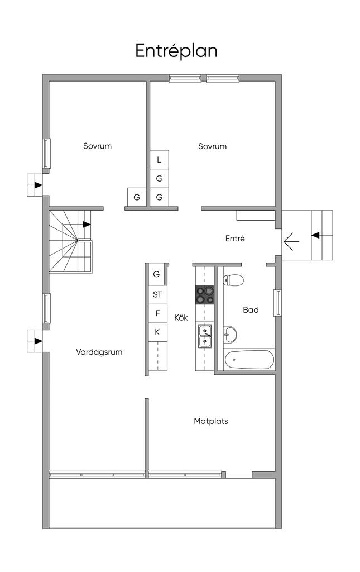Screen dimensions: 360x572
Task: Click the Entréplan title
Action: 176,51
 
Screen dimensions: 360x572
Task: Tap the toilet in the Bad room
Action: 233,280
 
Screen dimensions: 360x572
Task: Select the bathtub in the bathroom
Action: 249,360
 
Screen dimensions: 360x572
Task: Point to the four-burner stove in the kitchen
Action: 205,295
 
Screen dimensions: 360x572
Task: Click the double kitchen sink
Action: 205,335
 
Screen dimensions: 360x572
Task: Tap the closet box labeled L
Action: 159,159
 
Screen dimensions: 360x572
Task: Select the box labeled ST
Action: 158,294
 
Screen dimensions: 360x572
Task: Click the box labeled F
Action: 158,313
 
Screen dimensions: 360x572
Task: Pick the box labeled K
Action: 158,332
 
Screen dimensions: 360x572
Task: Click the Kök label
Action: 181,317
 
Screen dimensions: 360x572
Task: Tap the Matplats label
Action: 211,421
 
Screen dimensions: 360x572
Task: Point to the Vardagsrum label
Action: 99,352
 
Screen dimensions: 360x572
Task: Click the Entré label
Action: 235,239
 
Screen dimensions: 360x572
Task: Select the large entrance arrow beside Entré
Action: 291,241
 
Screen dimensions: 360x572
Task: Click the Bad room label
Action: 251,309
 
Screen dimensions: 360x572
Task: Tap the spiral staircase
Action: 70,241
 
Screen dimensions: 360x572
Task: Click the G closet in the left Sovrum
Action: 137,197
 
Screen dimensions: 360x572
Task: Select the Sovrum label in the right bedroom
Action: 213,146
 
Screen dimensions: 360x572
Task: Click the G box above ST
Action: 157,274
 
